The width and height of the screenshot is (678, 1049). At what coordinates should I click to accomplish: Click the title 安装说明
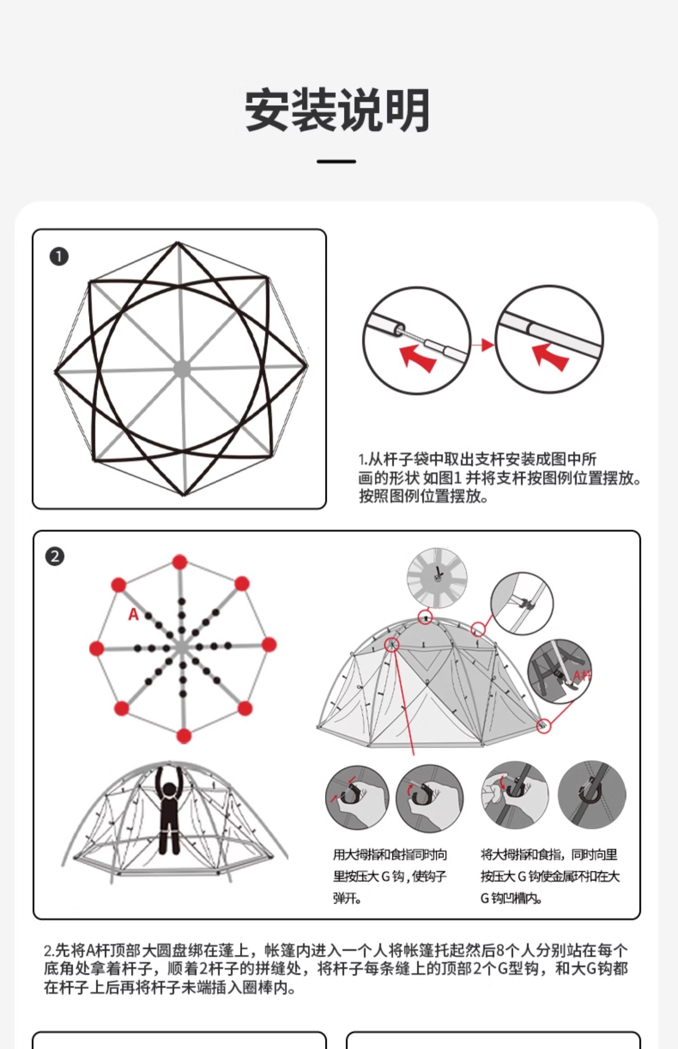tap(337, 111)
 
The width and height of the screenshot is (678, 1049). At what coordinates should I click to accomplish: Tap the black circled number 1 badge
tap(59, 257)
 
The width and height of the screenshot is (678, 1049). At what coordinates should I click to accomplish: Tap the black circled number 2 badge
tap(55, 556)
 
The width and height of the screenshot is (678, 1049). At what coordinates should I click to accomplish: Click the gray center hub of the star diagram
tap(182, 369)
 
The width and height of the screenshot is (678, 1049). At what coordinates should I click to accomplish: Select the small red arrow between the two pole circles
tap(487, 345)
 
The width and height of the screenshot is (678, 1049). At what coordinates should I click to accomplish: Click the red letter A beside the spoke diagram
tap(133, 614)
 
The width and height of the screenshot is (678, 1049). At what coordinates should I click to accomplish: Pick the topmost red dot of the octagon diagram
tap(180, 562)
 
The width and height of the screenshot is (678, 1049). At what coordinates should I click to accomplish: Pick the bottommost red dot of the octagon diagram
tap(184, 736)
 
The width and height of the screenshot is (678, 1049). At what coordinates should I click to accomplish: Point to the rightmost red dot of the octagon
tap(269, 645)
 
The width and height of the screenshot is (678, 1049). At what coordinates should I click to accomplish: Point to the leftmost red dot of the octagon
tap(97, 648)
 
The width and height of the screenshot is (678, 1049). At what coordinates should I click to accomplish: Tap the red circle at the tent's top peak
tap(425, 617)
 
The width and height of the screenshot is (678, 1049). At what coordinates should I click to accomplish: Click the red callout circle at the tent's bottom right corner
tap(544, 726)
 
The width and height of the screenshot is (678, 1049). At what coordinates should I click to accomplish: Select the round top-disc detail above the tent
tap(437, 578)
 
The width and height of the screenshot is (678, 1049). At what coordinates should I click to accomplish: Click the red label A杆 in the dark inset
tap(582, 675)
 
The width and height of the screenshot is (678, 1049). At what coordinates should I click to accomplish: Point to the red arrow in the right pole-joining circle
tap(551, 355)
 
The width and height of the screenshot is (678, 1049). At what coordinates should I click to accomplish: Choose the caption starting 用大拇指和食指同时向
tap(390, 876)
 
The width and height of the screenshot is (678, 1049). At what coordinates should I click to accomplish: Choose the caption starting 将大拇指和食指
tap(549, 876)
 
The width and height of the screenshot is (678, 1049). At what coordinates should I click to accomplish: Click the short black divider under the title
tap(336, 161)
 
